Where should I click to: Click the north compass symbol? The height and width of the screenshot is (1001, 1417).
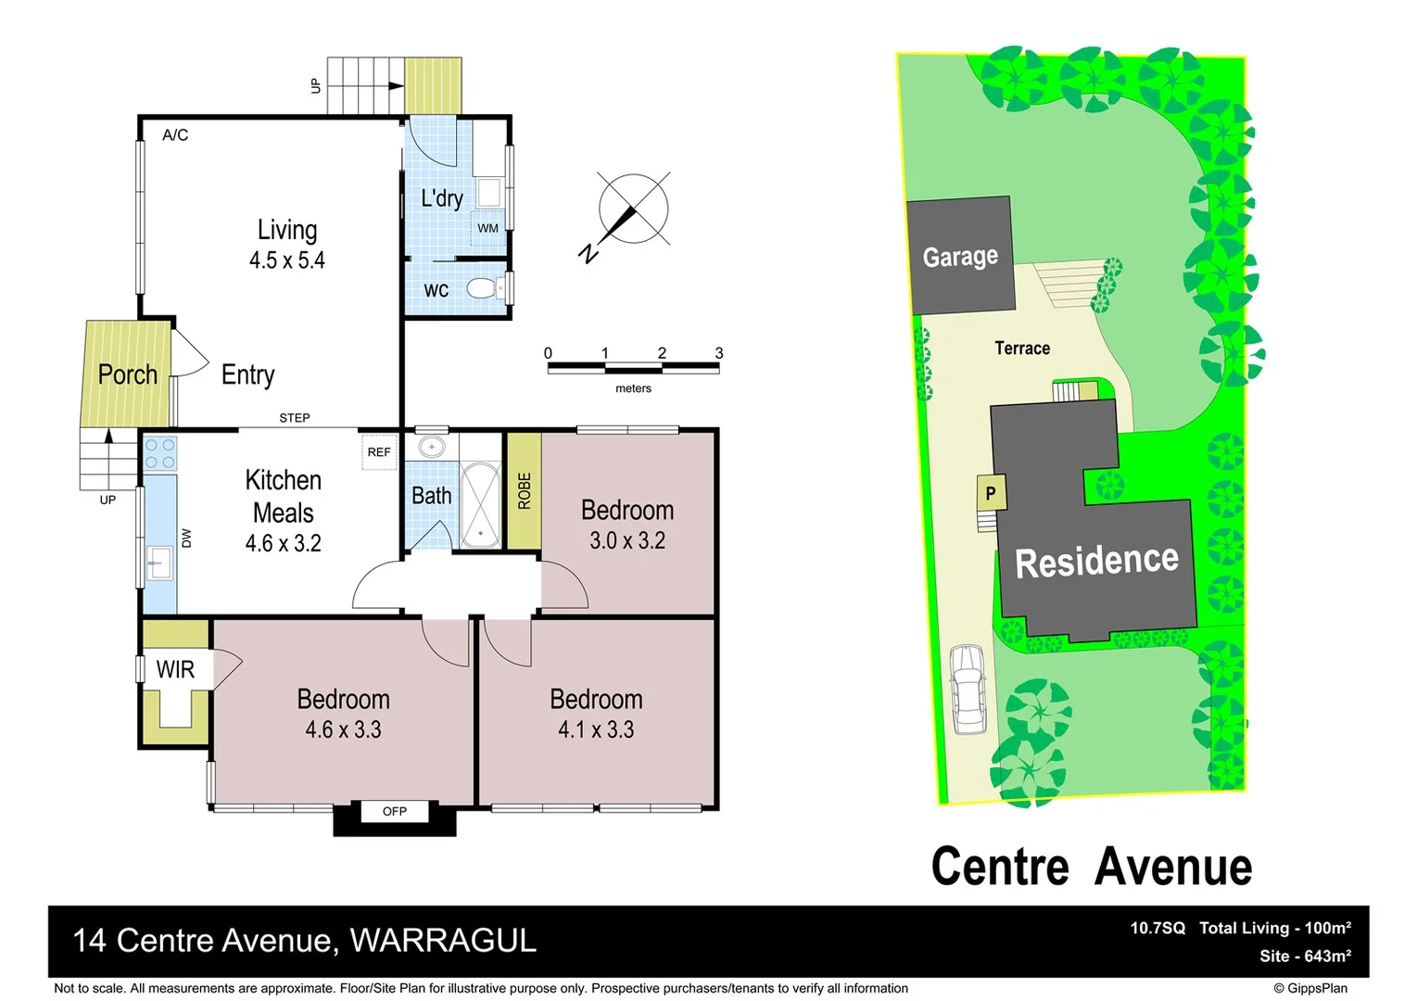632,210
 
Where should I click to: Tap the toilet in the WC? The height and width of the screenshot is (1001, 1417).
483,288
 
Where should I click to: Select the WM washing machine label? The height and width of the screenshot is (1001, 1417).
487,228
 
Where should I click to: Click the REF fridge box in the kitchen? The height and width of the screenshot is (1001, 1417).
379,452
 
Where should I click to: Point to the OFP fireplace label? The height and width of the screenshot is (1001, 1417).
395,811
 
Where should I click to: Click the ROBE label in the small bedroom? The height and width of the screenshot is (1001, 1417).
525,491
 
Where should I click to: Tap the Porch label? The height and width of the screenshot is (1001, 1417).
127,374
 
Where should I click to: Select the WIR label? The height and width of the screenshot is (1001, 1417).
175,669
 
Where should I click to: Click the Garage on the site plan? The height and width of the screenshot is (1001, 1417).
960,256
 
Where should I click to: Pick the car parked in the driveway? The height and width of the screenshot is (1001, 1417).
968,689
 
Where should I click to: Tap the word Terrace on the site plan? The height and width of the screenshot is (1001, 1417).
1022,348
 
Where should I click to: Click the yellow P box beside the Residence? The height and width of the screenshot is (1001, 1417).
990,493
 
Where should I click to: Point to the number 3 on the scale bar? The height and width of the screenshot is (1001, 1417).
719,353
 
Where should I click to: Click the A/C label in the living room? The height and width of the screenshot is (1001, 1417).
175,135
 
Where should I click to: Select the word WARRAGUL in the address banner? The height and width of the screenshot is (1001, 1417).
443,941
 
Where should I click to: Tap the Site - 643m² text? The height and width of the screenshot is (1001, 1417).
1305,956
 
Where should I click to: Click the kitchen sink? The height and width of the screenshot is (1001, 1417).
159,563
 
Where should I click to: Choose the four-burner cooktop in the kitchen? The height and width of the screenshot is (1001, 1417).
160,454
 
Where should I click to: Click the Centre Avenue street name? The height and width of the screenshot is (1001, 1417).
1092,867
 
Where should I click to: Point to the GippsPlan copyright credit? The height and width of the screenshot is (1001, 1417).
1310,988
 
